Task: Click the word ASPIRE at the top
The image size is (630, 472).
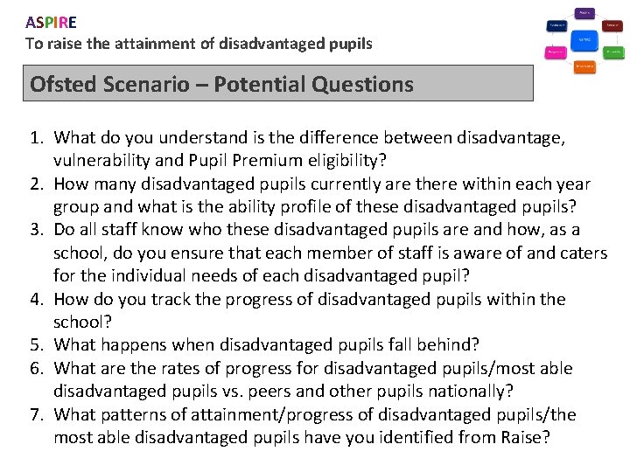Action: click(x=51, y=22)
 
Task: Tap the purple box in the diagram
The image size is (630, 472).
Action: click(x=584, y=13)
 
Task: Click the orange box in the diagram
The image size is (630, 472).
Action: click(x=584, y=66)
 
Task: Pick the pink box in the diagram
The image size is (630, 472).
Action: click(x=556, y=52)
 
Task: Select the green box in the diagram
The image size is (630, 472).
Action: click(x=613, y=52)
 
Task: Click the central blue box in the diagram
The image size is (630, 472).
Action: click(x=584, y=39)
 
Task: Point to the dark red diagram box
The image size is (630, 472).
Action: click(x=613, y=25)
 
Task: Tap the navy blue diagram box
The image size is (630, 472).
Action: click(x=556, y=25)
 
